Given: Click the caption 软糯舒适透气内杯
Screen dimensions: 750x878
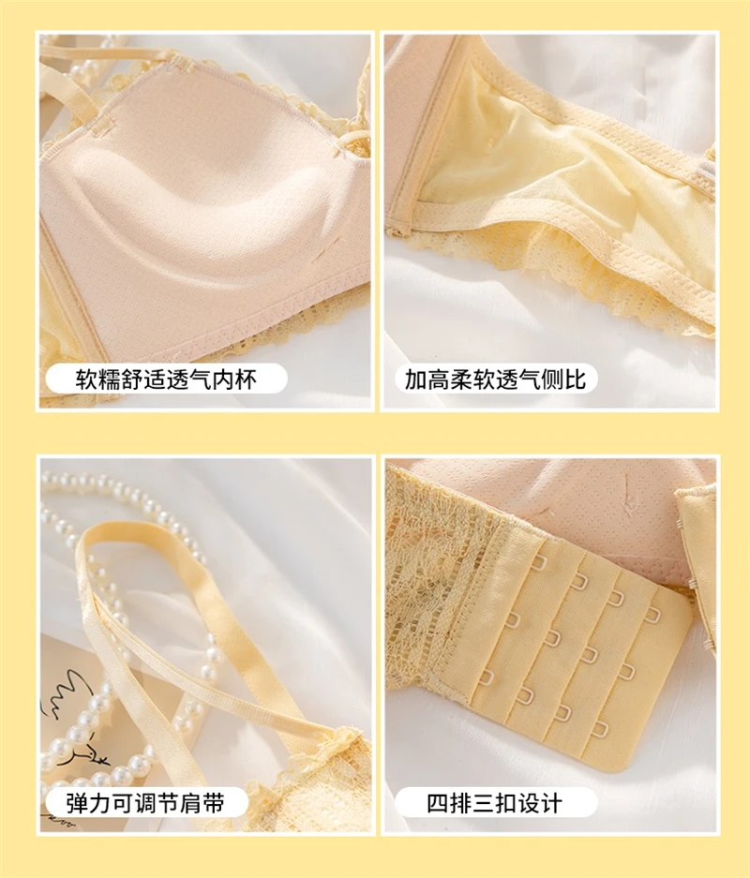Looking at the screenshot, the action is tap(166, 379).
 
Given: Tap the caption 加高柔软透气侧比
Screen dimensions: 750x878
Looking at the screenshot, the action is tap(495, 379).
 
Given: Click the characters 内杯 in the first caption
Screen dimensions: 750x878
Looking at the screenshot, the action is tap(233, 379).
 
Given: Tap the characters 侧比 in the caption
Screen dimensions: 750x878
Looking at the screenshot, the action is tap(562, 379).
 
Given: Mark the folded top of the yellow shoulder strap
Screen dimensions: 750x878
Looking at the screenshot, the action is tap(104, 535).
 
